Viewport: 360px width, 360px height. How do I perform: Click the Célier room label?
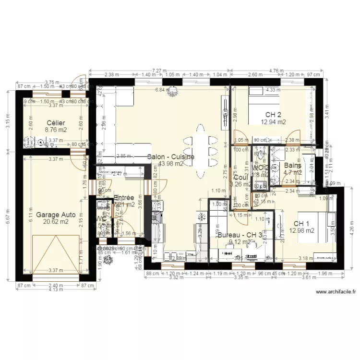tap(56, 123)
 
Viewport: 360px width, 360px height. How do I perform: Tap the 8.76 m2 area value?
tap(56, 130)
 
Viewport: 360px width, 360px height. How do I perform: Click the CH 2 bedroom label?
tap(273, 115)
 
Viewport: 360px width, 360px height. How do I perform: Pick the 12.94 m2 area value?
tap(273, 122)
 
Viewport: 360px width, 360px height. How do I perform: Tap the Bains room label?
tap(292, 166)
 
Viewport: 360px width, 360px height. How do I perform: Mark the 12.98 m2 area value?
tap(301, 230)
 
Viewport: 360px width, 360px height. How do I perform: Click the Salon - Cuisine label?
tap(171, 156)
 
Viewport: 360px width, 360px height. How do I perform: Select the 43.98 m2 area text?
tap(171, 163)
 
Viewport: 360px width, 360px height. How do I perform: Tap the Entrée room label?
tap(124, 198)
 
